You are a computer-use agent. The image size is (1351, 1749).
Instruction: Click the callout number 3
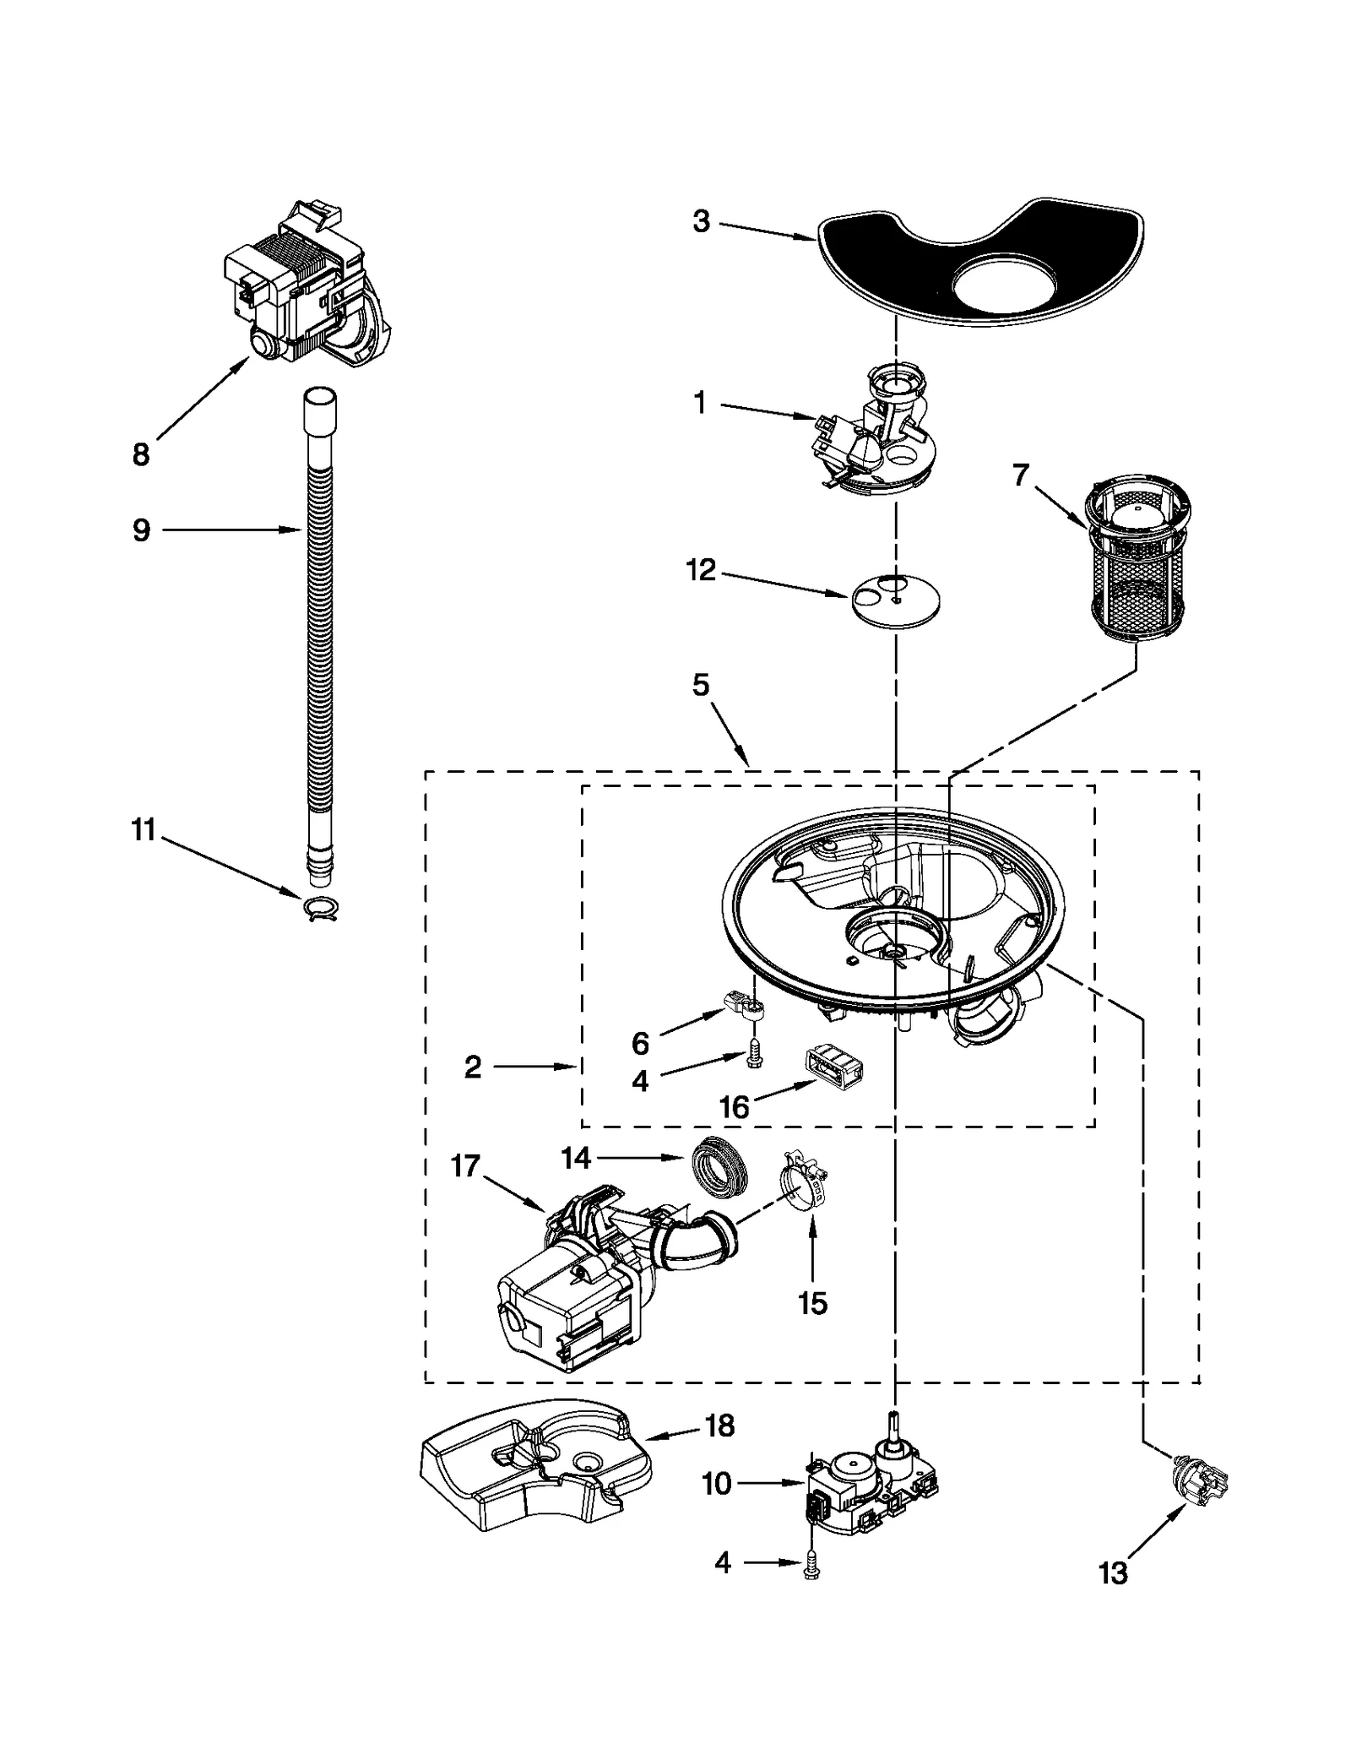pos(701,222)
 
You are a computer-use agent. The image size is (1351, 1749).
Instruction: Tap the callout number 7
pos(1021,475)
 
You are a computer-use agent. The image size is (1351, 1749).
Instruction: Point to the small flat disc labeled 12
pos(895,600)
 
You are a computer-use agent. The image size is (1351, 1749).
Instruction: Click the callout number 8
pos(141,454)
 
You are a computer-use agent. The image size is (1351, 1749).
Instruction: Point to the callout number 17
pos(465,1166)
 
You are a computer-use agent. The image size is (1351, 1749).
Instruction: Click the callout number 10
pos(717,1483)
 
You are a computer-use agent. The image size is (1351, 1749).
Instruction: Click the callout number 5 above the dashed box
pos(701,685)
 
